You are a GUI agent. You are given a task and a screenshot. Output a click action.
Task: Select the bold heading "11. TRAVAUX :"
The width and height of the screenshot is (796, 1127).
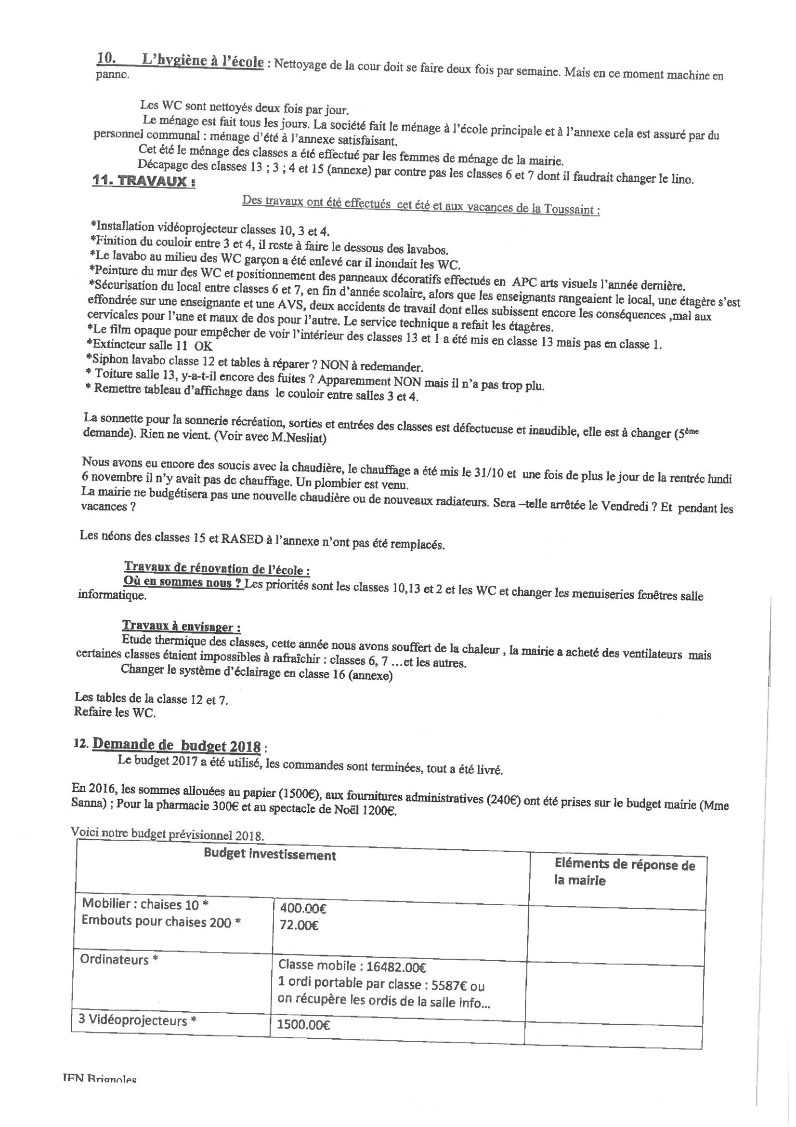pos(144,181)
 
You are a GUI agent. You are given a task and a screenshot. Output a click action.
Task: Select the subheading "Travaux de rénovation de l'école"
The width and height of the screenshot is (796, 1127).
pos(217,568)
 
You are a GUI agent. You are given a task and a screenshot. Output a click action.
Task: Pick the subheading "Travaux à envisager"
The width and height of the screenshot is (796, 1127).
pos(181,627)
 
